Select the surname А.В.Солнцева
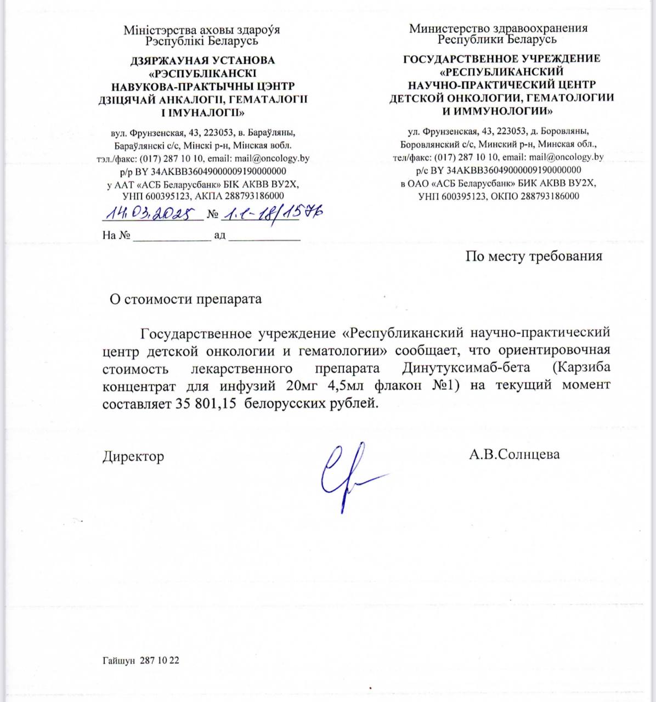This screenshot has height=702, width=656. click(x=514, y=454)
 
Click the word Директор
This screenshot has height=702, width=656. click(x=133, y=456)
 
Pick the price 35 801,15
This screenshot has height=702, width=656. click(x=207, y=404)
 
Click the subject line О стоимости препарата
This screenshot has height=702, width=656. click(x=186, y=299)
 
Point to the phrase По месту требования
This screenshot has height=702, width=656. click(x=534, y=256)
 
